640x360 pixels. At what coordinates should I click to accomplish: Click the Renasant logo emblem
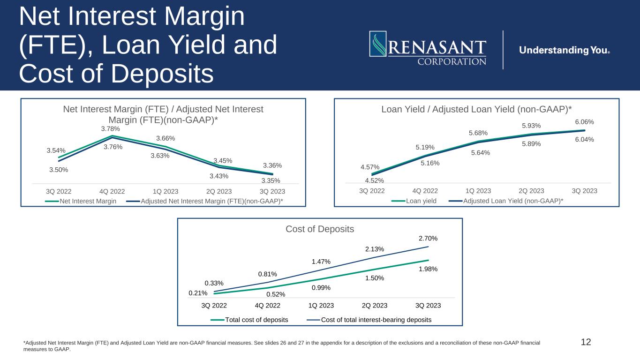click(x=378, y=44)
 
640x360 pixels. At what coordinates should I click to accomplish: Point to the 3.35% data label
click(x=271, y=180)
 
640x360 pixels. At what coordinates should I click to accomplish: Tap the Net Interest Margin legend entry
click(x=86, y=201)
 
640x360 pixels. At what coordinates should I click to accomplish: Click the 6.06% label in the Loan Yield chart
click(x=585, y=122)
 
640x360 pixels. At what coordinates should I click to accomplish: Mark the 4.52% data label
click(x=375, y=180)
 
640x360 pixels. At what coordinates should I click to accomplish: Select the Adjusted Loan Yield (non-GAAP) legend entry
click(x=513, y=201)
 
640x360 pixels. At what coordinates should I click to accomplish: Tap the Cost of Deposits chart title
click(x=320, y=229)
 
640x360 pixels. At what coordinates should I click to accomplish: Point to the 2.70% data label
click(x=428, y=239)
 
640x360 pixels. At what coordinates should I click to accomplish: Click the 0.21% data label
click(x=198, y=293)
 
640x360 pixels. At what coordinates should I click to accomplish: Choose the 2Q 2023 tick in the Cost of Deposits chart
click(x=374, y=306)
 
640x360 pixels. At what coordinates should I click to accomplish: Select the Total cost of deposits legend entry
click(x=256, y=320)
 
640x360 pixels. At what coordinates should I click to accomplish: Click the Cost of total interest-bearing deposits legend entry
click(x=376, y=320)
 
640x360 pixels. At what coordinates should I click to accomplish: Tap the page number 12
click(x=586, y=342)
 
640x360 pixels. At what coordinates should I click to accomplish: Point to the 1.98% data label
click(x=428, y=269)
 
